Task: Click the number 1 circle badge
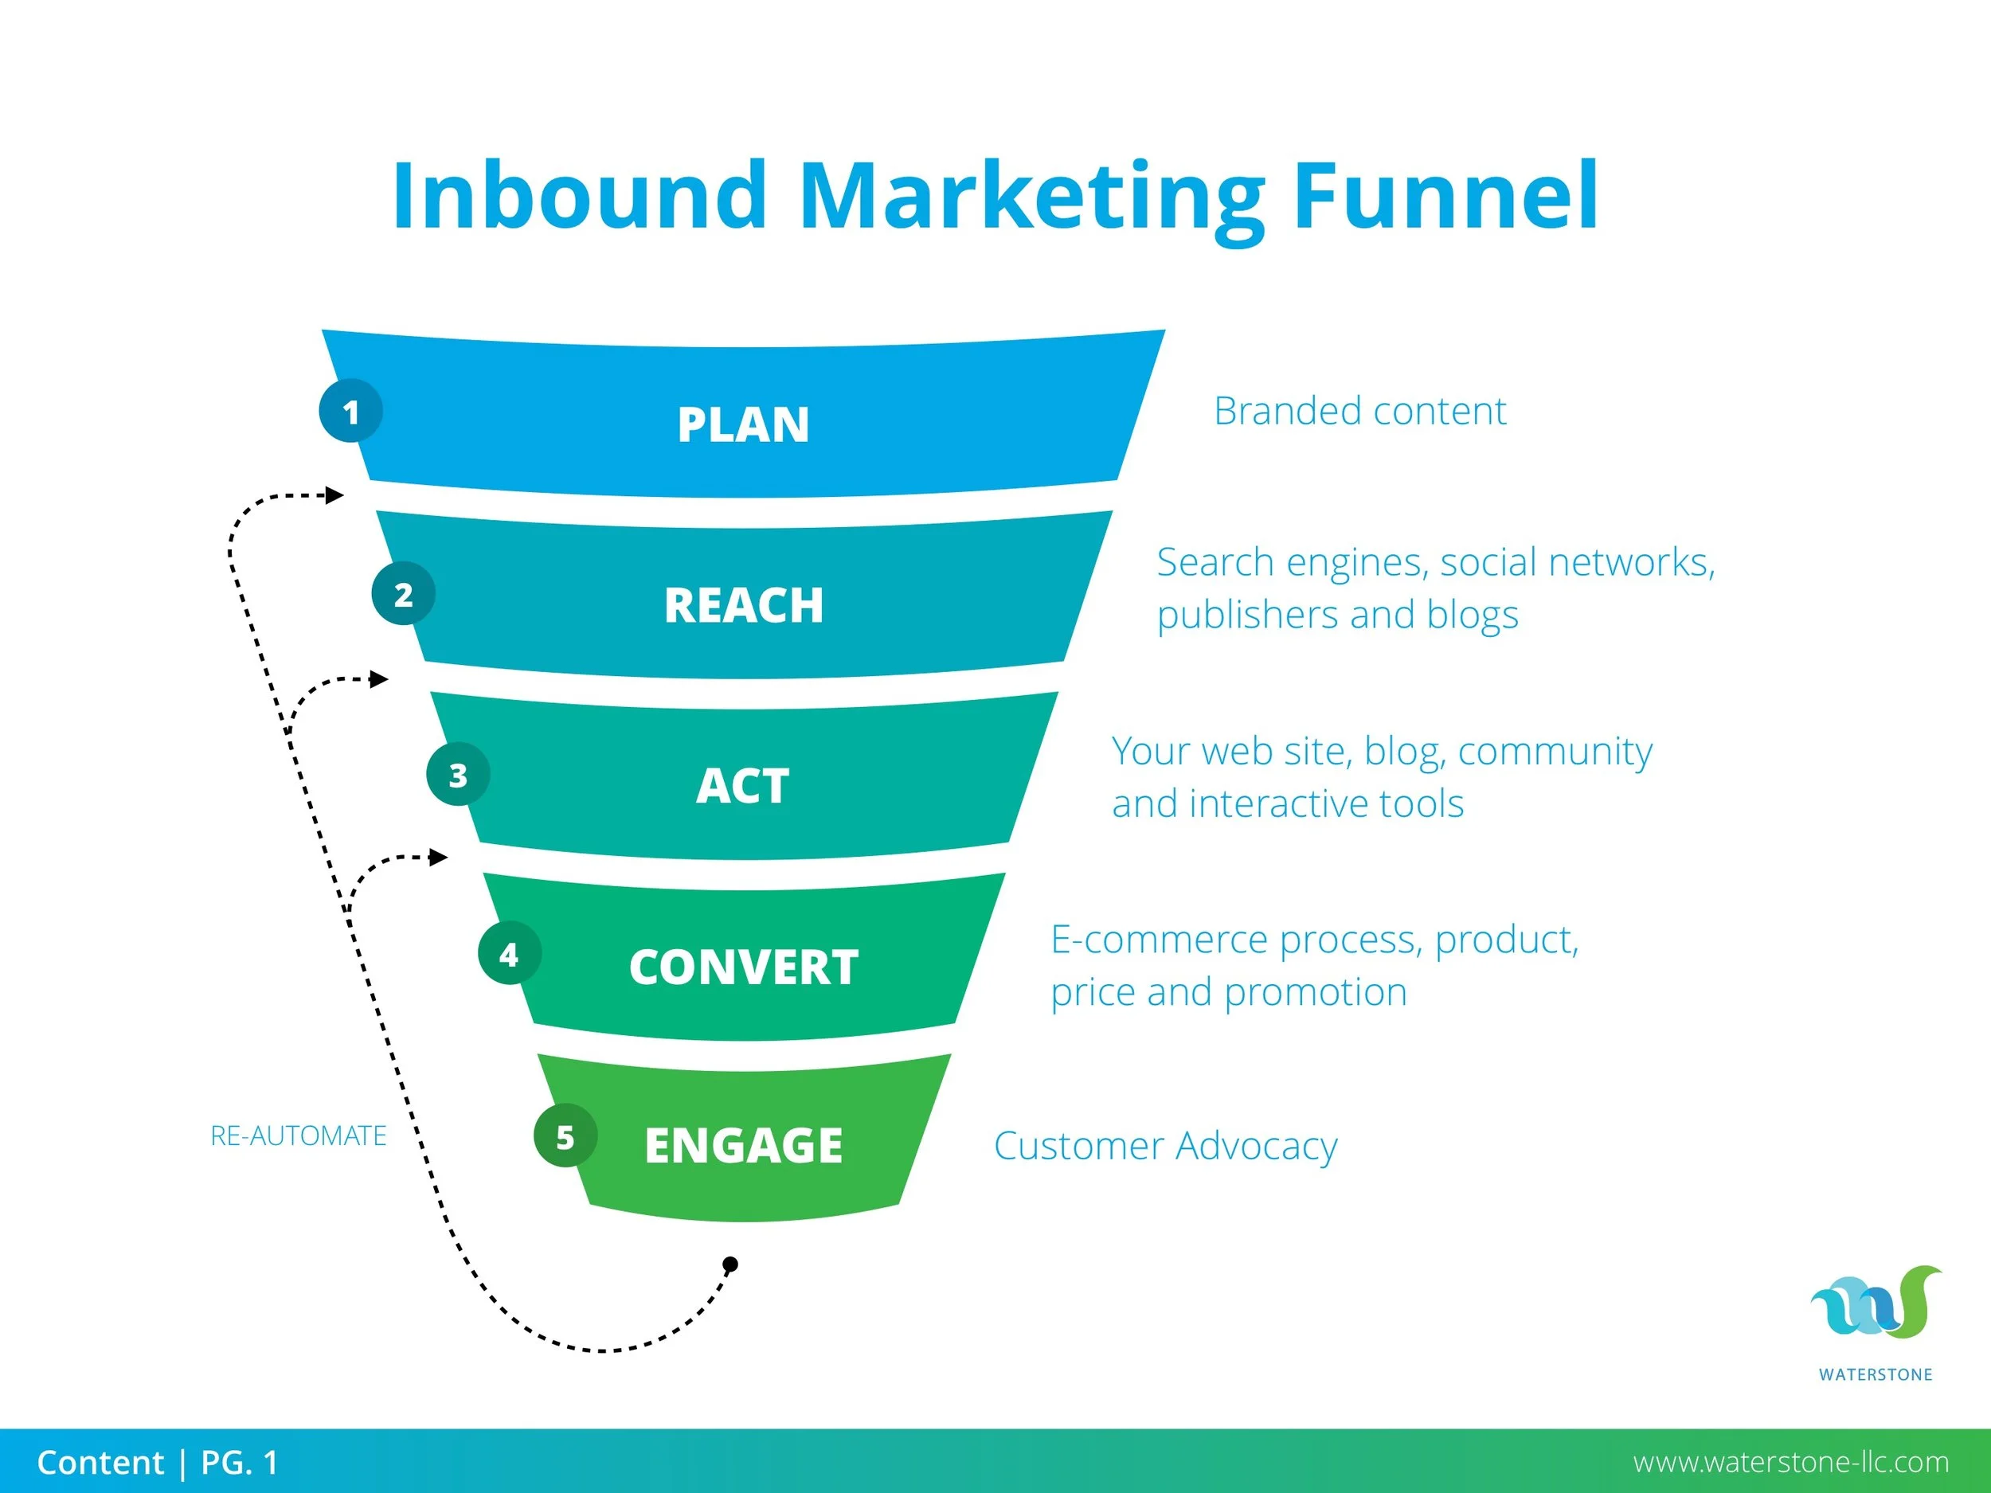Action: [351, 412]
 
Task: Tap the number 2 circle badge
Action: [403, 594]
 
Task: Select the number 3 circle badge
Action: [458, 775]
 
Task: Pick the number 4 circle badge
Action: [510, 954]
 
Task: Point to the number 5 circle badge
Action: [565, 1136]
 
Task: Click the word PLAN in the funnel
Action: [744, 424]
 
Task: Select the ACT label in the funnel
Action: [744, 787]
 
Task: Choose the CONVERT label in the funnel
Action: [744, 967]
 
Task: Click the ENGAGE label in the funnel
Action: [744, 1146]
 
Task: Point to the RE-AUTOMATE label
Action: [298, 1135]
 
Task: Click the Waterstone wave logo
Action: [1875, 1304]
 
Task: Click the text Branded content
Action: [1359, 412]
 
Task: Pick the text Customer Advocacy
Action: [1166, 1146]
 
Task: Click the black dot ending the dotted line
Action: [731, 1264]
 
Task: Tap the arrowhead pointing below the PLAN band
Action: [334, 495]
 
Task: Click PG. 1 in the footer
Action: [240, 1463]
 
